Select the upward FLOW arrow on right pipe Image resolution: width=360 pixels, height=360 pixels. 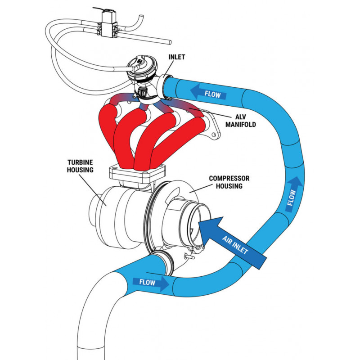(x=292, y=194)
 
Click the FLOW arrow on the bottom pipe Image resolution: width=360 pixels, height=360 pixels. (x=150, y=283)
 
